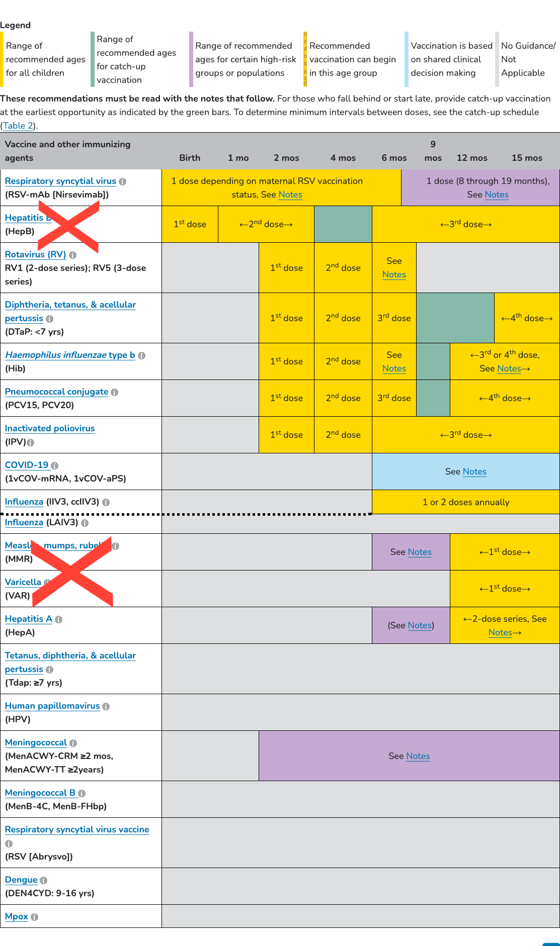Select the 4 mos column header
(343, 158)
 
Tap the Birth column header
(190, 158)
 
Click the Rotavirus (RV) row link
(35, 254)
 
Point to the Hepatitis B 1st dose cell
(190, 224)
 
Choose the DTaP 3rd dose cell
(394, 318)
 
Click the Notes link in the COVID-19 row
(474, 471)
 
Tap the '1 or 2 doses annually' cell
(466, 502)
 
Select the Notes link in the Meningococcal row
(418, 756)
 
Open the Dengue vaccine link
(21, 880)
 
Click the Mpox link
(17, 916)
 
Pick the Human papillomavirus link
(52, 706)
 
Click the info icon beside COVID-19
(55, 465)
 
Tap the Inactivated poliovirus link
(50, 428)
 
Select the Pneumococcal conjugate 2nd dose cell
(343, 398)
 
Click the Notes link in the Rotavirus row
(394, 274)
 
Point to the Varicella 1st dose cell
(505, 589)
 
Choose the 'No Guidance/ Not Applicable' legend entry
(528, 59)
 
